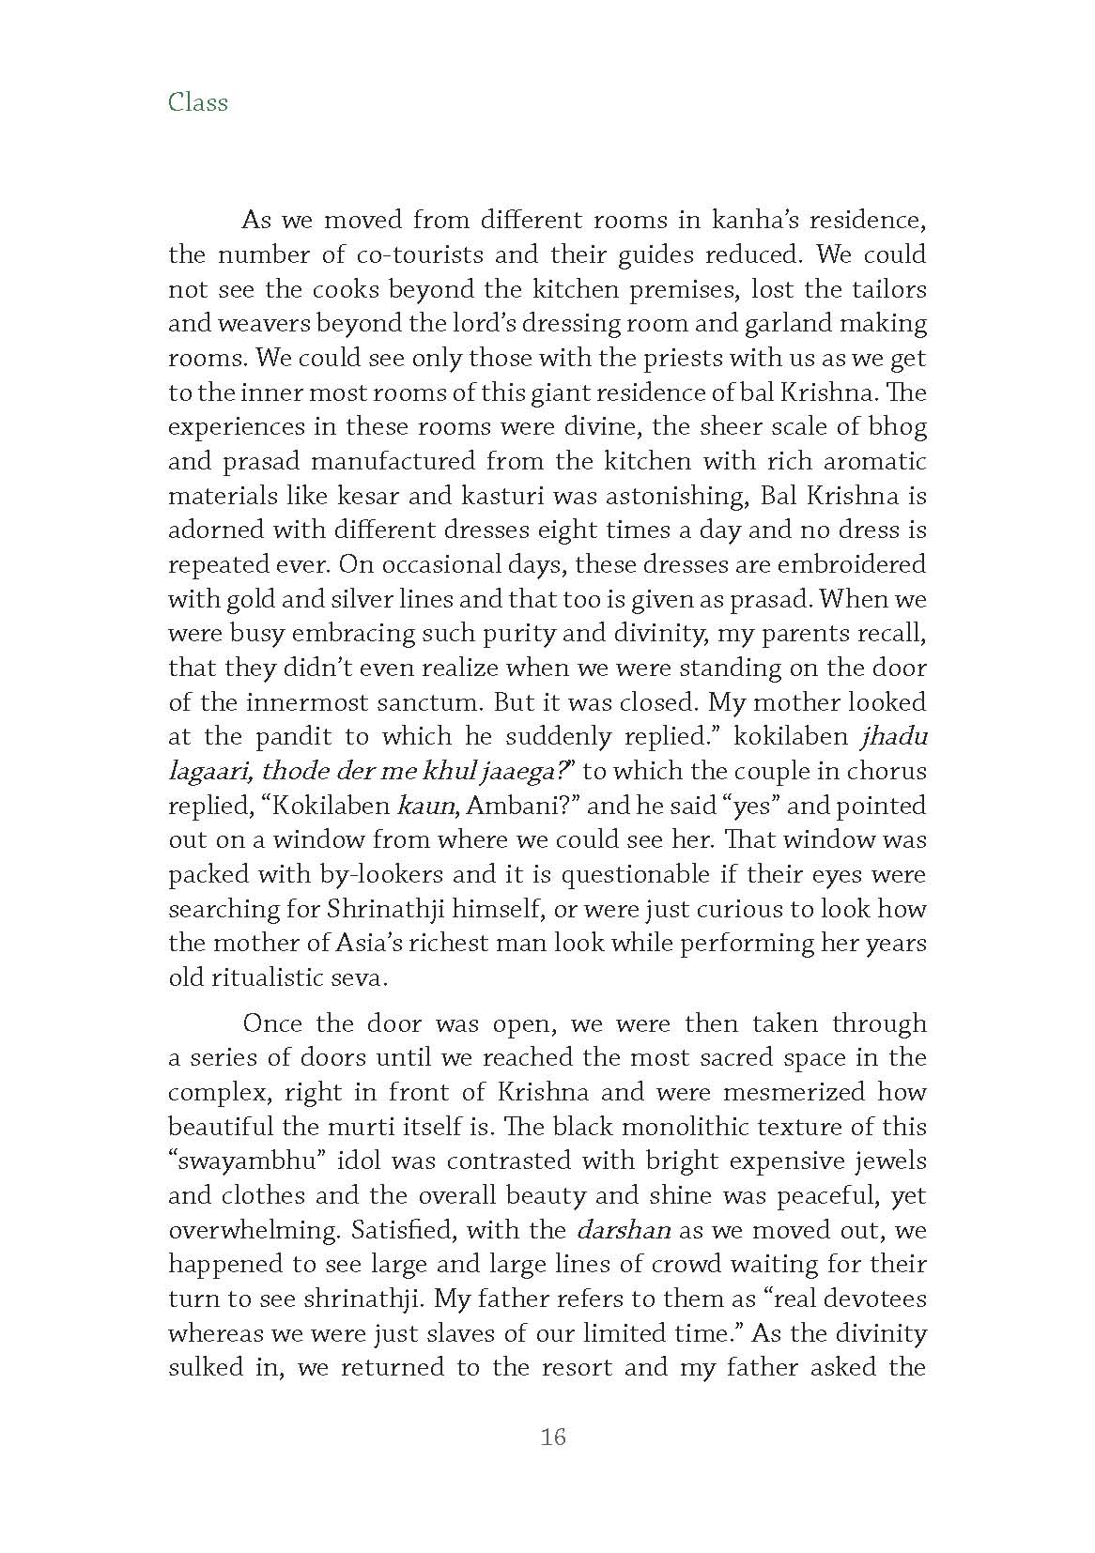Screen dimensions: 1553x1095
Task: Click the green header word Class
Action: (197, 101)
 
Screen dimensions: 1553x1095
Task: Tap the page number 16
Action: (553, 1437)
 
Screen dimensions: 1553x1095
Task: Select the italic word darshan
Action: (621, 1229)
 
